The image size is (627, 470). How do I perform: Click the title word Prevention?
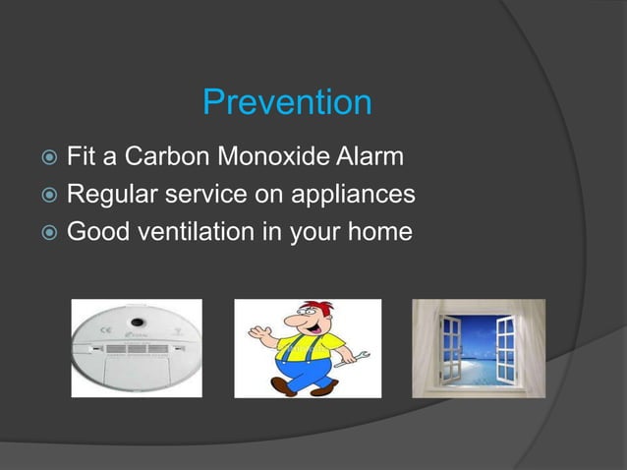(x=287, y=102)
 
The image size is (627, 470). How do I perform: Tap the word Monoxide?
(x=270, y=157)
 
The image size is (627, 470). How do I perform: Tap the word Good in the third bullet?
(x=93, y=233)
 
